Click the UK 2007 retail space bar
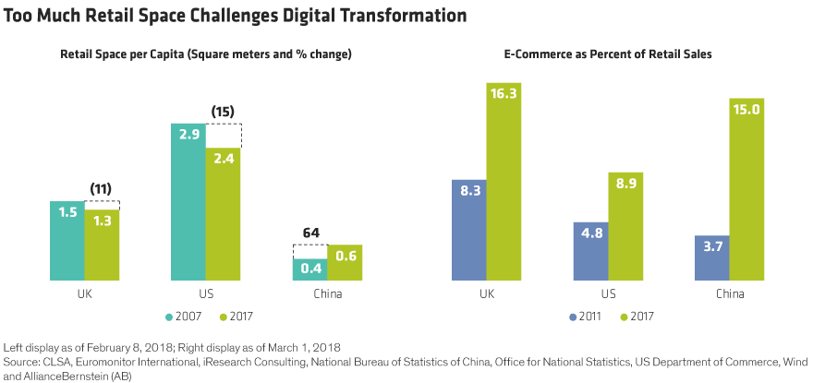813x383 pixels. coord(67,240)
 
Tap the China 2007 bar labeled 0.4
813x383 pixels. coord(309,269)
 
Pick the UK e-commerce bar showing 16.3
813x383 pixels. coord(504,181)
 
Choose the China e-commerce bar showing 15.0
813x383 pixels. coord(746,188)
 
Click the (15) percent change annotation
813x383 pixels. coord(223,113)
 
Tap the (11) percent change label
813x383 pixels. coord(101,189)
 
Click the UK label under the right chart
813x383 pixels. coord(487,294)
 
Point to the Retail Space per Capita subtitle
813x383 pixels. coord(206,55)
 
